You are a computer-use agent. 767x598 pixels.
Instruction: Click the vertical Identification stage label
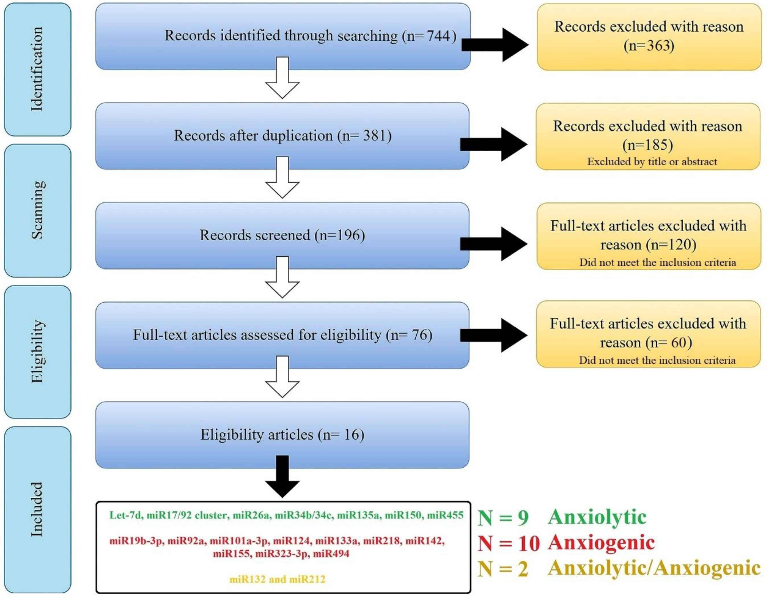(x=37, y=69)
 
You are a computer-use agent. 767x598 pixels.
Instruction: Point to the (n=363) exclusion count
(x=649, y=46)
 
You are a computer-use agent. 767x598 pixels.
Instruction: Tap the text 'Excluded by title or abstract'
(x=652, y=162)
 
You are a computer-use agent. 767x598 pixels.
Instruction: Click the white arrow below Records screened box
(x=282, y=277)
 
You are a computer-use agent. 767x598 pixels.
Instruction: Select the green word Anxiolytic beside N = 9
(x=597, y=517)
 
